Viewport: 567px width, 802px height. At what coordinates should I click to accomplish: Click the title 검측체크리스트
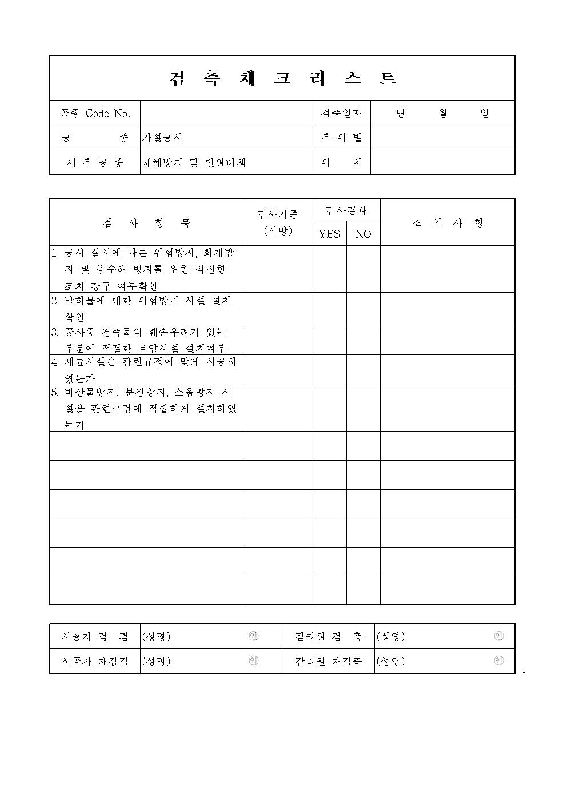tap(282, 78)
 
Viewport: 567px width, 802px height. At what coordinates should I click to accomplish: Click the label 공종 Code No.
tap(95, 113)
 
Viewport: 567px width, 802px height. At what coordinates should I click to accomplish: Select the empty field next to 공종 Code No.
tap(226, 113)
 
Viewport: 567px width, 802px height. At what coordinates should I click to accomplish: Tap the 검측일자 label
tap(341, 113)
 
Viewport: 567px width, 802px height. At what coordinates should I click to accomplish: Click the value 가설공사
tap(163, 138)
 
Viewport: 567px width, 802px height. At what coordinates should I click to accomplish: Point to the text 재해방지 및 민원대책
tap(194, 163)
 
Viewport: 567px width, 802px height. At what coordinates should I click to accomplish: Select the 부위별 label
tap(341, 138)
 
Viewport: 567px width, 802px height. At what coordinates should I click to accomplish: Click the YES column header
tap(329, 234)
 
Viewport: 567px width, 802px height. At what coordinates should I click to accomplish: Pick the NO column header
tap(363, 234)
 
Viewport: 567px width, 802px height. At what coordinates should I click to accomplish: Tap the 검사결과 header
tap(346, 210)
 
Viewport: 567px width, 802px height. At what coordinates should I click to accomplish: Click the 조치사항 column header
tap(447, 223)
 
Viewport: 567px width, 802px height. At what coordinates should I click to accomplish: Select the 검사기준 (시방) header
tap(278, 222)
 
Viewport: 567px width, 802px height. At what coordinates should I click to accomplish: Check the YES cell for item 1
tap(329, 269)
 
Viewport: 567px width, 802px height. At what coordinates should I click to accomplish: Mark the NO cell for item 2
tap(363, 309)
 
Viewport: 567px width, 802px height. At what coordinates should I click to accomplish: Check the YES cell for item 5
tap(329, 408)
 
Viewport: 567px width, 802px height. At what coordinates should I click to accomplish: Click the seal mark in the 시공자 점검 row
tap(254, 636)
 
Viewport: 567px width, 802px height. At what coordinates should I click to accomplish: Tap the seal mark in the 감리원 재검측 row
tap(498, 661)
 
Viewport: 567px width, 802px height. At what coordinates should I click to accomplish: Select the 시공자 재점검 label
tap(95, 661)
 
